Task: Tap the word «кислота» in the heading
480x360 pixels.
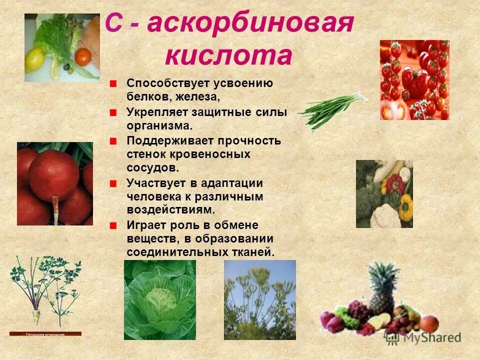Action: pos(228,55)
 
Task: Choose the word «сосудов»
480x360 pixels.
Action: pos(152,167)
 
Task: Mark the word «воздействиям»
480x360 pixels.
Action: pos(169,209)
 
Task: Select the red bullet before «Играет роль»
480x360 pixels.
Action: pos(114,225)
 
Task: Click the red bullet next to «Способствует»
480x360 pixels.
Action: pos(114,83)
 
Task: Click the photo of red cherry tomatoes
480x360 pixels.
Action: pos(414,80)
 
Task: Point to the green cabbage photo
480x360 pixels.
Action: pos(160,299)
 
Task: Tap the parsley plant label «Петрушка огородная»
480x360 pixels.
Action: pos(45,333)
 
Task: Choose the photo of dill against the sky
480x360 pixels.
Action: pos(259,299)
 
